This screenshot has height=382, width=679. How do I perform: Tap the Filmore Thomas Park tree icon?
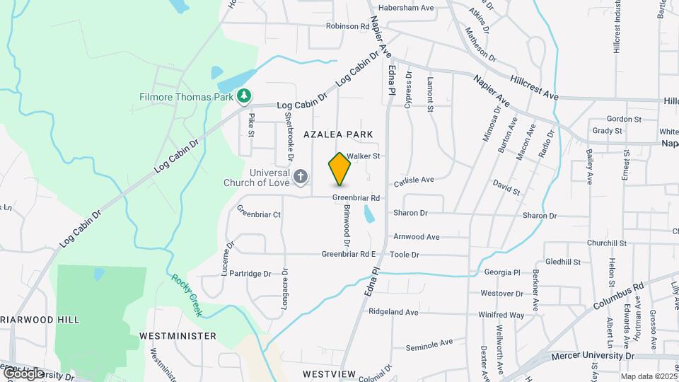coord(244,94)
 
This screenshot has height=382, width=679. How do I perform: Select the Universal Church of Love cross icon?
coord(301,176)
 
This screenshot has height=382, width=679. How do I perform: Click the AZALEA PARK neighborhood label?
coord(338,134)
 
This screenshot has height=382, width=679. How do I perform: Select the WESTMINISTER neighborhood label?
coord(178,335)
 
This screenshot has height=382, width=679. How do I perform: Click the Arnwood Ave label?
coord(417,237)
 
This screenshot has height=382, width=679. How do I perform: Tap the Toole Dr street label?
coord(405,255)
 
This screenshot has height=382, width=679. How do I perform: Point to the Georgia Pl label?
coord(502,272)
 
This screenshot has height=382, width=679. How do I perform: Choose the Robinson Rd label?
coord(348,26)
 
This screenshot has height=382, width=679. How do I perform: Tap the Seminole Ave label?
coord(429,344)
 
